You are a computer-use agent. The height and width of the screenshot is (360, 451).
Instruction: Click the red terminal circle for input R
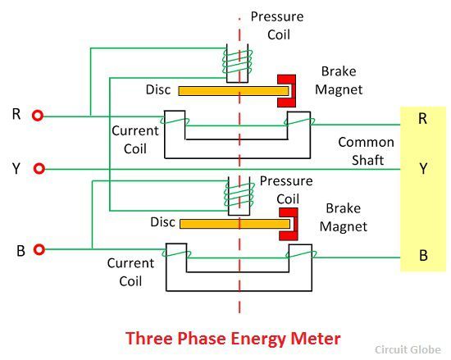pyautogui.click(x=38, y=116)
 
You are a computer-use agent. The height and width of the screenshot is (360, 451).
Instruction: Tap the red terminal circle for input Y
pyautogui.click(x=39, y=168)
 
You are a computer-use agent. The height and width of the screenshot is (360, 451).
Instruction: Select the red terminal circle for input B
pyautogui.click(x=39, y=249)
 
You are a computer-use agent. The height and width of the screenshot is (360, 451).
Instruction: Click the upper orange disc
pyautogui.click(x=234, y=91)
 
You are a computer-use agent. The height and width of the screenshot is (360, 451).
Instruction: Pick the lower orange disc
pyautogui.click(x=235, y=224)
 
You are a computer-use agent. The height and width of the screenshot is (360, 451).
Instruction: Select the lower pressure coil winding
pyautogui.click(x=239, y=195)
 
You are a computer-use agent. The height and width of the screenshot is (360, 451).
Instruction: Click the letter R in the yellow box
pyautogui.click(x=422, y=118)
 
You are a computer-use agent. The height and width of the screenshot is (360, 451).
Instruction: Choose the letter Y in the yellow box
pyautogui.click(x=423, y=168)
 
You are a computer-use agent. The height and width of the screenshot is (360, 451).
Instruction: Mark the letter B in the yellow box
pyautogui.click(x=423, y=255)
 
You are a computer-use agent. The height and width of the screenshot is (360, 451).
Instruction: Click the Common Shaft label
pyautogui.click(x=367, y=151)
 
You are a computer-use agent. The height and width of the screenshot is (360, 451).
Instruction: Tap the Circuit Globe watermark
pyautogui.click(x=408, y=349)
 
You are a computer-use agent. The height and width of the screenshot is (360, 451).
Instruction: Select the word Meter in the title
pyautogui.click(x=316, y=338)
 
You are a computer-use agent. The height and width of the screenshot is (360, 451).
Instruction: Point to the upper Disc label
pyautogui.click(x=158, y=89)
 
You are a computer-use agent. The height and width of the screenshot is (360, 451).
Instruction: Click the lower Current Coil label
pyautogui.click(x=130, y=272)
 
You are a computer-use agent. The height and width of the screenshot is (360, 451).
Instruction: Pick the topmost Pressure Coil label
pyautogui.click(x=277, y=25)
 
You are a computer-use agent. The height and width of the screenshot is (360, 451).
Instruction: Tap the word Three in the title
pyautogui.click(x=148, y=338)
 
